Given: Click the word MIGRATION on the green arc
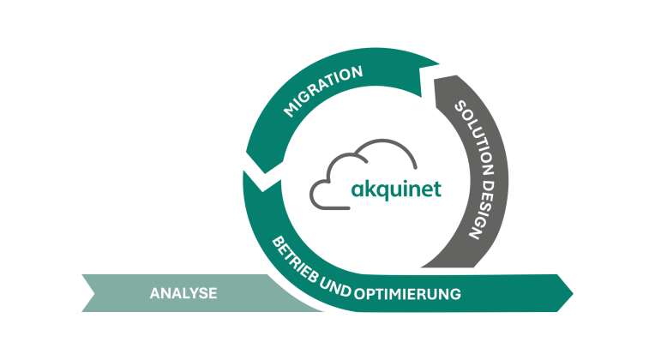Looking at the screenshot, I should coord(323,93).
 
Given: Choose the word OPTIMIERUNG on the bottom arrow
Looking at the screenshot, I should coord(407,293).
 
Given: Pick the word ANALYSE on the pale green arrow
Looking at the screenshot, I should coord(183,293).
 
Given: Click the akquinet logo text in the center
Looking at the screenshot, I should coord(396,189).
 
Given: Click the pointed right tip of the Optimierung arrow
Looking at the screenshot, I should coord(573,293).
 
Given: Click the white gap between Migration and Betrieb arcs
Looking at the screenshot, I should coord(247,167).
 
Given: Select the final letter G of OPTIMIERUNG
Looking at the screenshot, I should coord(455,294).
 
